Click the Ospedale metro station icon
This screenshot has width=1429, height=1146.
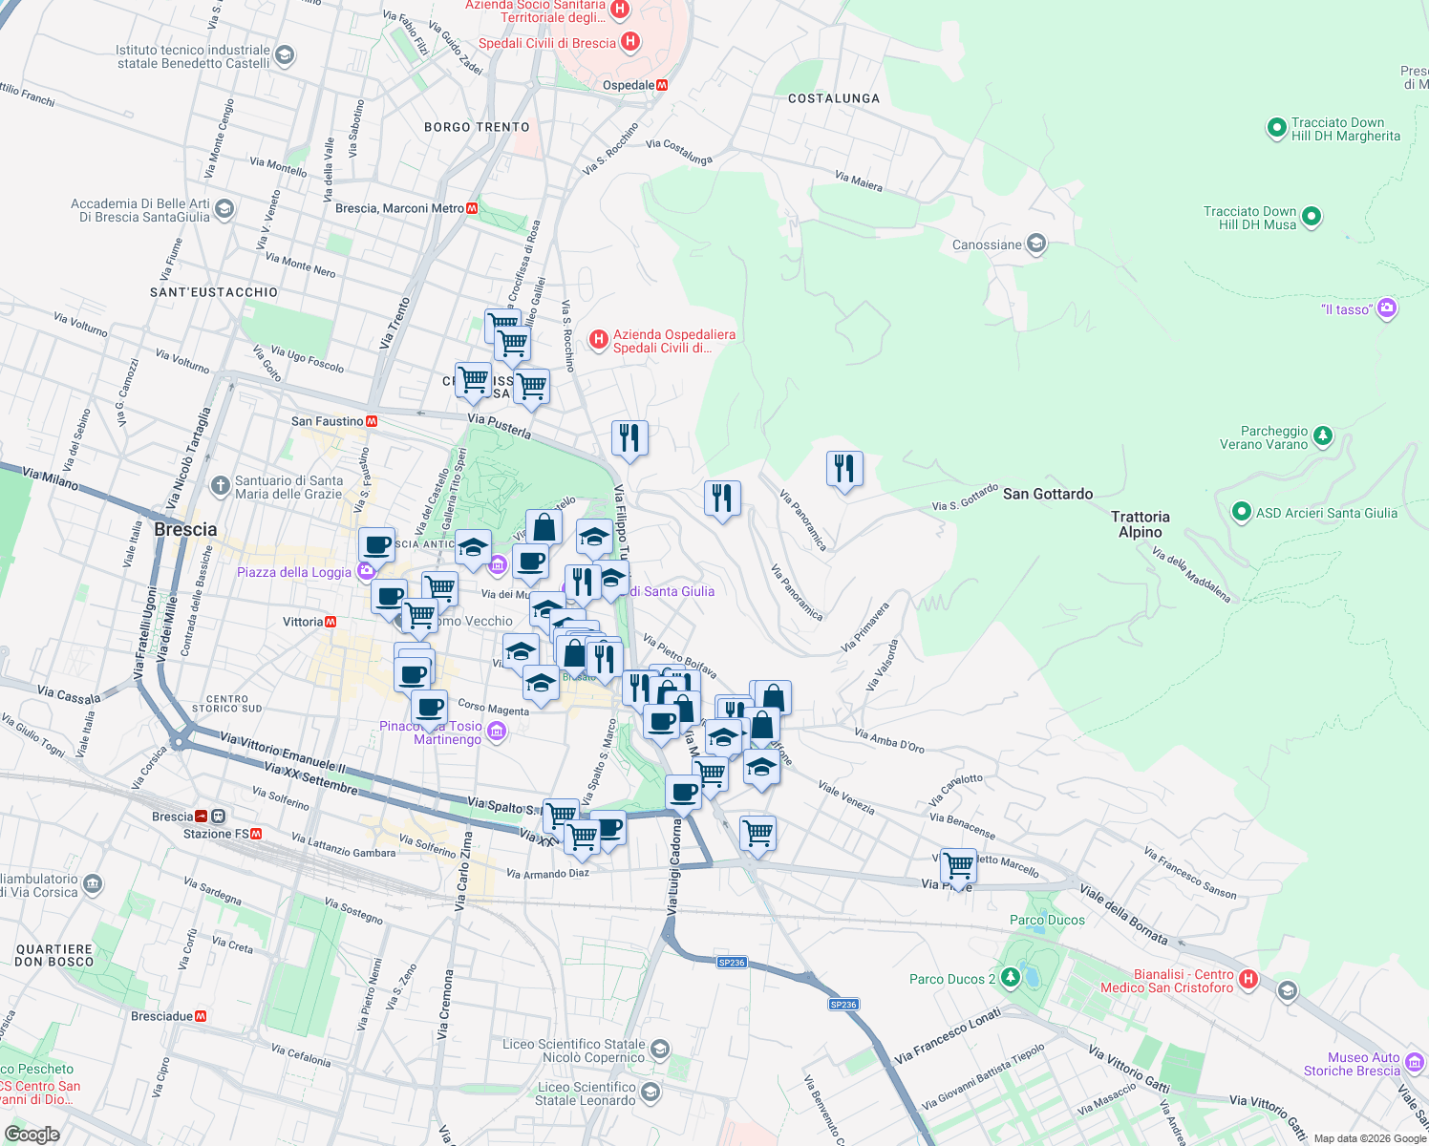pos(662,85)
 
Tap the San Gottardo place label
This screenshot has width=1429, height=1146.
pos(1048,494)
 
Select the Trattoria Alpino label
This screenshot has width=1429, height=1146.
pos(1141,524)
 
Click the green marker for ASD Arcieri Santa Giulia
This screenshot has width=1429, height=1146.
pos(1241,512)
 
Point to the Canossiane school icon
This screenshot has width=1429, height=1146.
pos(1035,244)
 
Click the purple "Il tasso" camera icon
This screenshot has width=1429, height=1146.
pos(1387,308)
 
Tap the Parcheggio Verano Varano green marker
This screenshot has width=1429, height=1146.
pos(1323,436)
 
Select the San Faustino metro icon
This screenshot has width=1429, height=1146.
pos(372,421)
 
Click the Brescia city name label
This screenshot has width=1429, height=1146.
pos(185,529)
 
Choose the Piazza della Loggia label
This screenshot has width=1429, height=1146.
pos(294,572)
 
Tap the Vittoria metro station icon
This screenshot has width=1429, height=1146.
pos(331,622)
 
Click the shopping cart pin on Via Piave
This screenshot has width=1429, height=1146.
pos(958,865)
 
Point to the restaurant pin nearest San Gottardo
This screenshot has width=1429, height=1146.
pos(843,468)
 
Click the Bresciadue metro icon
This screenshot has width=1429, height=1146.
pos(201,1016)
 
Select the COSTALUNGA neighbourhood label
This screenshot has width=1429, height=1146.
pos(834,98)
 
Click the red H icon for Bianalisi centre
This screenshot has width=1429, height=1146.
pos(1248,980)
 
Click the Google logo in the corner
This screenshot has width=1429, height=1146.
pos(32,1135)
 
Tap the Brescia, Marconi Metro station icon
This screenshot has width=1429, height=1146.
pos(472,208)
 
